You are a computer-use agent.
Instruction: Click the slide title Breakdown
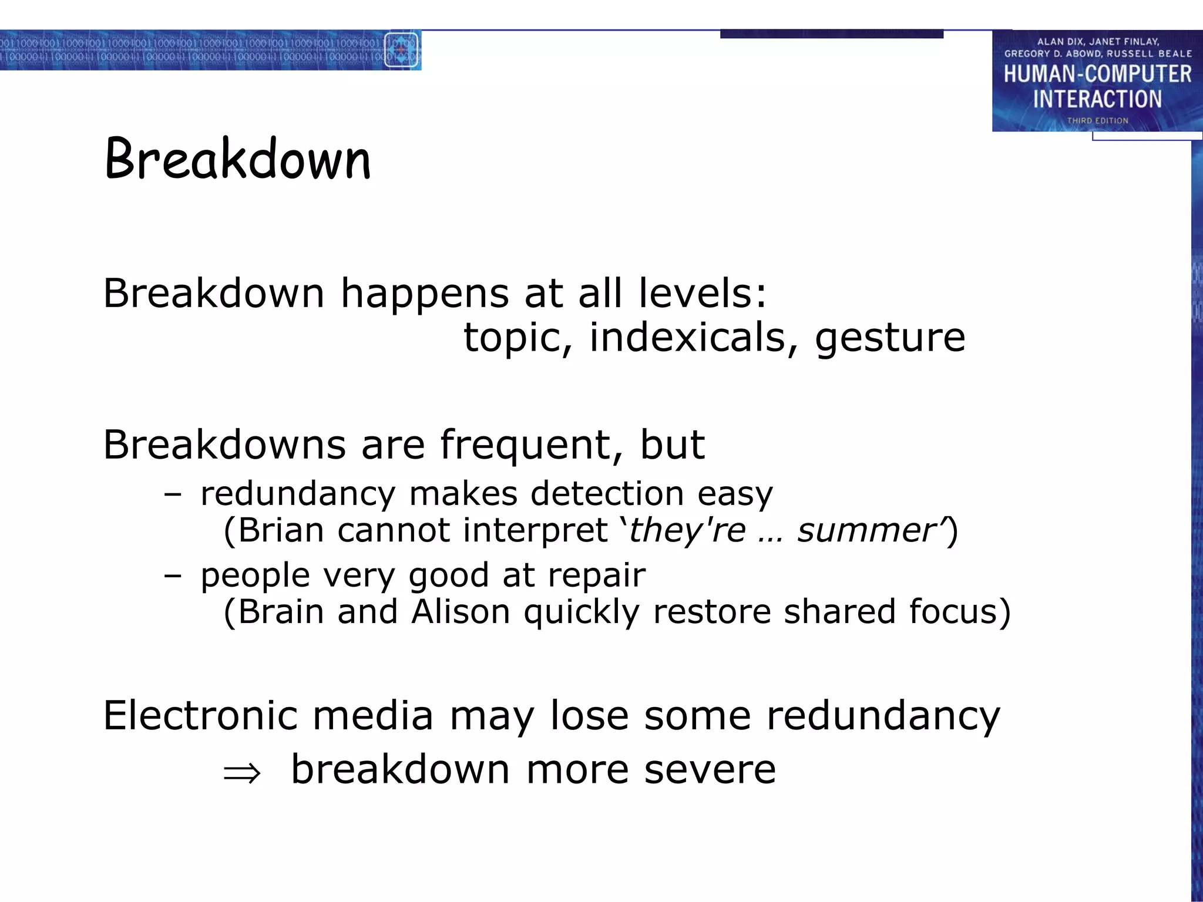click(237, 159)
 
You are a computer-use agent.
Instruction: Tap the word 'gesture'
click(889, 339)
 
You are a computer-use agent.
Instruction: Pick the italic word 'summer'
click(866, 530)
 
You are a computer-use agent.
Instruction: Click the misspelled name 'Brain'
click(281, 611)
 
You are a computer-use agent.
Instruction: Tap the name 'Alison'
click(460, 611)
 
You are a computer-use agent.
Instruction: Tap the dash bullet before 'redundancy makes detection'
click(172, 494)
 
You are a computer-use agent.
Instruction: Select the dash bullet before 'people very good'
click(172, 575)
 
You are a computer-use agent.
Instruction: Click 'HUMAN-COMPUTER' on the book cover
click(1097, 74)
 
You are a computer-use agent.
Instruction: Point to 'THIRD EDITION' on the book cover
click(1097, 120)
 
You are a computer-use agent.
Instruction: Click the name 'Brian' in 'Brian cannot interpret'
click(280, 530)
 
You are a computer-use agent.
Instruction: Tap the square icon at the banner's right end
click(401, 50)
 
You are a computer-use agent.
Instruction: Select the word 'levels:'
click(702, 293)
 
